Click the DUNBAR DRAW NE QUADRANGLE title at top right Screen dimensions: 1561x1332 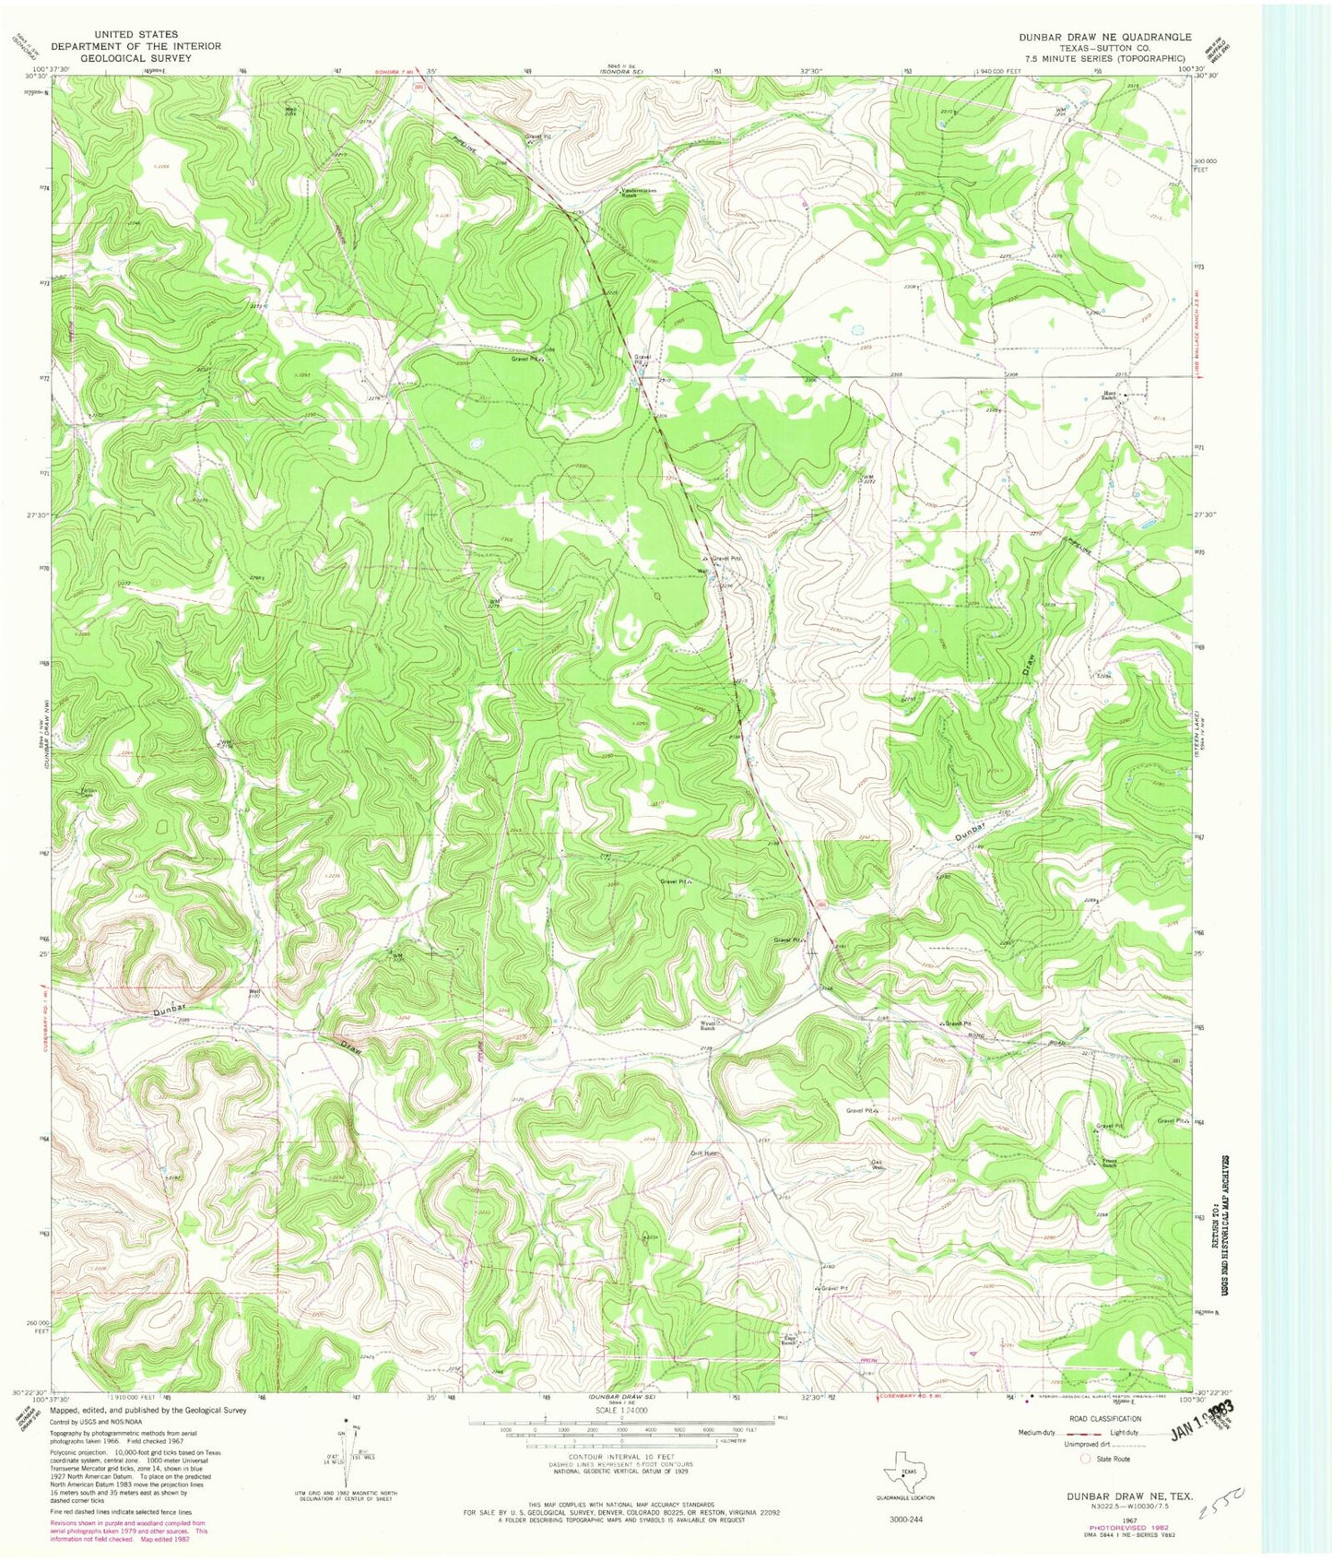[x=1104, y=37]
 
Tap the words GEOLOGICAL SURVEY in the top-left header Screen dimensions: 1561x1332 [x=135, y=57]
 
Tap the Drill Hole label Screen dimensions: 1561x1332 [x=702, y=1153]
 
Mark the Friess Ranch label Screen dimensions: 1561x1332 [x=1111, y=1163]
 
